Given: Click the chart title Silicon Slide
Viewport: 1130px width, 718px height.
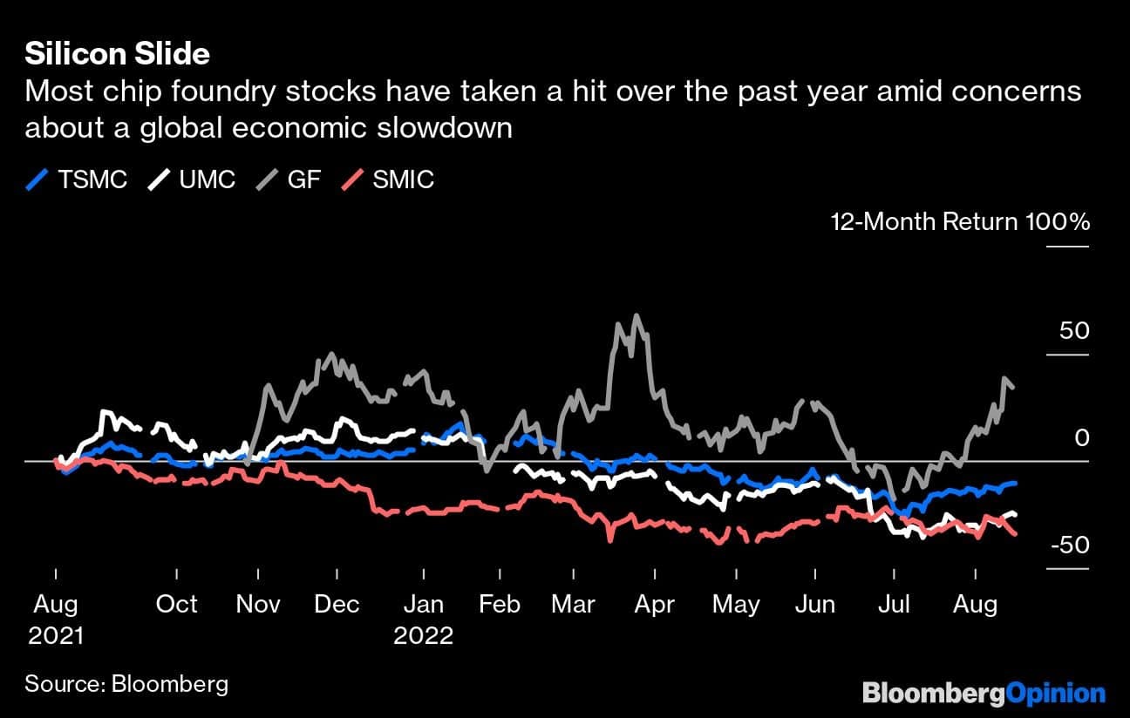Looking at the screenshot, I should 117,54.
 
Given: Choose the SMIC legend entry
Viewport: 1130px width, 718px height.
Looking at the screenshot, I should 388,179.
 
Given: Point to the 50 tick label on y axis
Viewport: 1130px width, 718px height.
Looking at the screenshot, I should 1073,331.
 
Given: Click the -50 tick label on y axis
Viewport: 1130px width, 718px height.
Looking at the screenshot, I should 1069,545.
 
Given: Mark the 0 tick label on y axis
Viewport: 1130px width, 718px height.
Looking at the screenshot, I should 1082,438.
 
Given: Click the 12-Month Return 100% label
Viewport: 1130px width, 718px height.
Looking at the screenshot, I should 960,222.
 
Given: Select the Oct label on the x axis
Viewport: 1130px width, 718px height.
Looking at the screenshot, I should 176,604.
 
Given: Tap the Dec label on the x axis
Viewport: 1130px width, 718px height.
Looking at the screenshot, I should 337,604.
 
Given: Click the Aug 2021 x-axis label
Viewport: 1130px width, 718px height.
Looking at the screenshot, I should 56,619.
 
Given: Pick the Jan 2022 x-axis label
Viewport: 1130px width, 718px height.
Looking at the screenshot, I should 424,619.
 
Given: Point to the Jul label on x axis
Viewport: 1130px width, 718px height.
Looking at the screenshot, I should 894,604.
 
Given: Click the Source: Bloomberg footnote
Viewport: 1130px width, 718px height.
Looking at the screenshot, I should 126,683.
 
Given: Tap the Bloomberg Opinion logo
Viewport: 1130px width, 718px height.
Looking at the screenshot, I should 984,694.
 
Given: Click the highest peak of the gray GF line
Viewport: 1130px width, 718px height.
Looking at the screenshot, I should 636,315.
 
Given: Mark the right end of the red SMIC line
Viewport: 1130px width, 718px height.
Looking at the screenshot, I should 1015,534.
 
